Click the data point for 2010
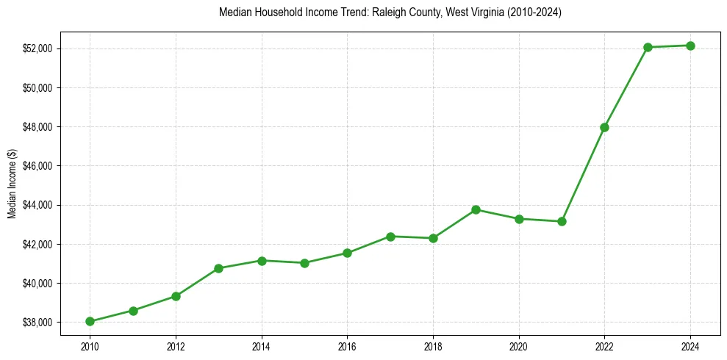[90, 321]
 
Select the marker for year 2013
[218, 268]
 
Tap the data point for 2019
[476, 209]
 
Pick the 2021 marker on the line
[562, 221]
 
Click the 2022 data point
[604, 127]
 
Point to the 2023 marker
[648, 47]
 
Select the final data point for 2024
[690, 46]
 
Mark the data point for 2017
[390, 237]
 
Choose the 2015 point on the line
[304, 263]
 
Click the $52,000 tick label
[38, 48]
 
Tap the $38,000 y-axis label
[38, 322]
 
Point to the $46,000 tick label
[38, 166]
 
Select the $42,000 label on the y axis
[38, 244]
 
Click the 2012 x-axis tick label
[176, 345]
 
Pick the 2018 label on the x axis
[433, 345]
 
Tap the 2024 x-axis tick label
[690, 345]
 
